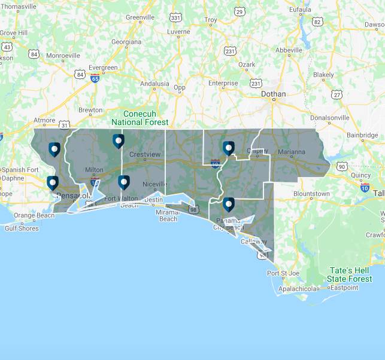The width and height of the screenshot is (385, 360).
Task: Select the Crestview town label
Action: point(145,154)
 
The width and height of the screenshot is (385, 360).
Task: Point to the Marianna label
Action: point(291,152)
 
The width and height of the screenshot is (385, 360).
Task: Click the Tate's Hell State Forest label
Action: point(350,274)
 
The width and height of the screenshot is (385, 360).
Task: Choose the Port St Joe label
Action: point(283,273)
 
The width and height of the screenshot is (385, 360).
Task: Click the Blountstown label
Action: point(311,194)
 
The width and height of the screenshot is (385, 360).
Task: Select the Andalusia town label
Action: point(154,84)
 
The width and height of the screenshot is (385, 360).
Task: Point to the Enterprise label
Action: point(223,83)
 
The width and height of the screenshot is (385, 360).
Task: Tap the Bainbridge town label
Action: point(362,135)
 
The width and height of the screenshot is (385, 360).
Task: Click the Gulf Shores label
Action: point(22,228)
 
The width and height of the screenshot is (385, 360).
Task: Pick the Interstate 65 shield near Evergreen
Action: point(95,78)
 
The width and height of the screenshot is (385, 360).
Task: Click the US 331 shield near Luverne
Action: point(176,19)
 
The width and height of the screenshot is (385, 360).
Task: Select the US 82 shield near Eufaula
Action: point(317,22)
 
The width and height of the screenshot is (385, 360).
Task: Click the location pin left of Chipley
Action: point(228,147)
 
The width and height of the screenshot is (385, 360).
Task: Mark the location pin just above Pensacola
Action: point(53,182)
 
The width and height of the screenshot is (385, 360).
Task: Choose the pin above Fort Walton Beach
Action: point(123,182)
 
